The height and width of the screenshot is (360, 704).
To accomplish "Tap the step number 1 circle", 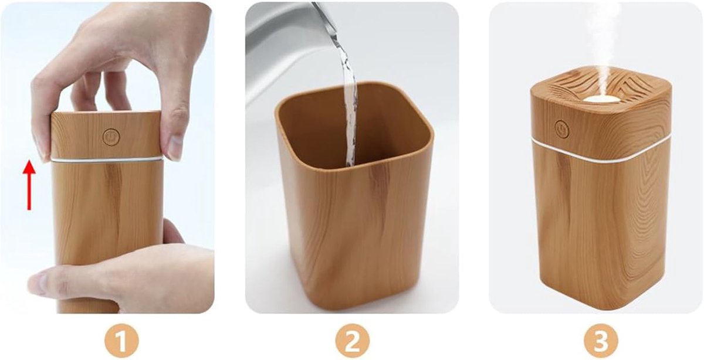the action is coord(121,341).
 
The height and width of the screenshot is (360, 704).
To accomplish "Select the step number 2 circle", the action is coord(353,341).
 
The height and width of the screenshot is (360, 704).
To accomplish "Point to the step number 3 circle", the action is coord(601,341).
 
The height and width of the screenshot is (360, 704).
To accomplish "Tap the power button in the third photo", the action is coord(562,130).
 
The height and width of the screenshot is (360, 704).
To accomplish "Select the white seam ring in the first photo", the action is coord(107,159).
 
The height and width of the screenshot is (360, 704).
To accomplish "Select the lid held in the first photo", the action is coord(106,134).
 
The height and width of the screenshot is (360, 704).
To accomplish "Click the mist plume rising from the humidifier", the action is coord(605,47).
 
